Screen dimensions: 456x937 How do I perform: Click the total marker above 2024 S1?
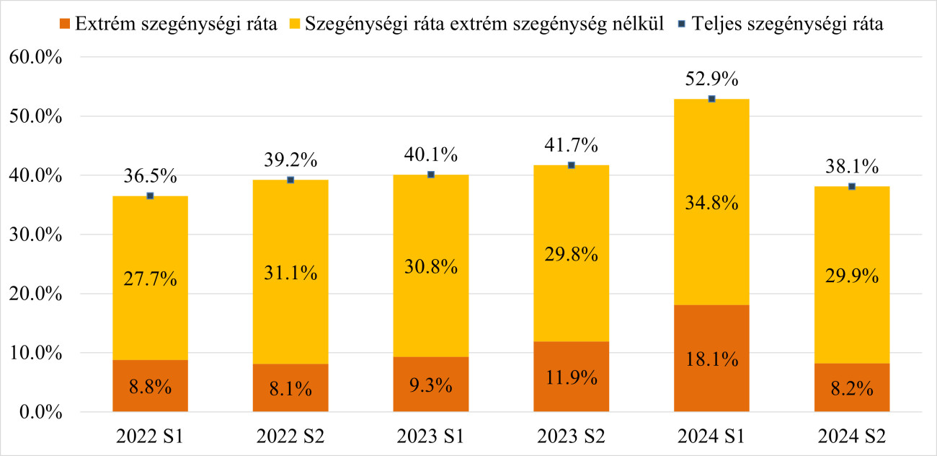[711, 99]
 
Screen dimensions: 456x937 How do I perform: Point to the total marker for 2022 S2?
[290, 180]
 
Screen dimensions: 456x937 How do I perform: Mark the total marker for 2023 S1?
[430, 175]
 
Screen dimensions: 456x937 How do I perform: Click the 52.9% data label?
[711, 79]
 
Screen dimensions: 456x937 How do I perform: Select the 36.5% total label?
[150, 177]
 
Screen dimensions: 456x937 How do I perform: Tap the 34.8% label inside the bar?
[711, 203]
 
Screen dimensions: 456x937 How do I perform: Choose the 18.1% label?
[711, 359]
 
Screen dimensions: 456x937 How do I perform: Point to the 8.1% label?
[290, 388]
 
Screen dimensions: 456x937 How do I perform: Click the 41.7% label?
[571, 146]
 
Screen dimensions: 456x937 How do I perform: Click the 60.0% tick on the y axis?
[35, 57]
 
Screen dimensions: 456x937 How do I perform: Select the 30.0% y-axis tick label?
[35, 234]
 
